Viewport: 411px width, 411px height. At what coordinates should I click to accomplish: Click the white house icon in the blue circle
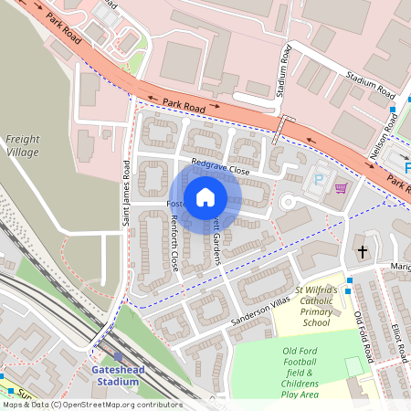205,197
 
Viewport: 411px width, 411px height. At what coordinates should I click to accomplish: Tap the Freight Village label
24,146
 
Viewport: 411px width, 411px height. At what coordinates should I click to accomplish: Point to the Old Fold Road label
364,333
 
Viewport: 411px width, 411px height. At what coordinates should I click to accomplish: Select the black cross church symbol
363,250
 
